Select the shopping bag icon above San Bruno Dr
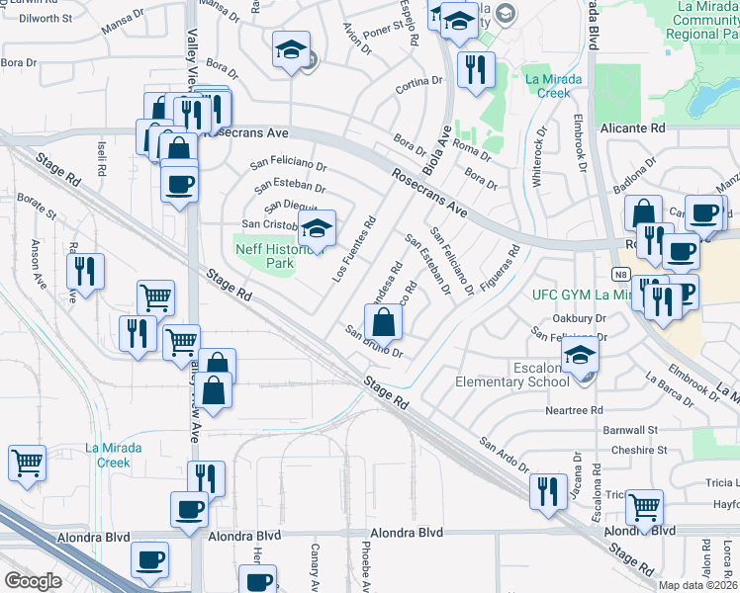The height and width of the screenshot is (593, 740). pyautogui.click(x=383, y=323)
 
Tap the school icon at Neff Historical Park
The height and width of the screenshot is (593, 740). pyautogui.click(x=316, y=229)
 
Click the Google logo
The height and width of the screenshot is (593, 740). pyautogui.click(x=33, y=580)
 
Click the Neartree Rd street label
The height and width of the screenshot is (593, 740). pyautogui.click(x=574, y=410)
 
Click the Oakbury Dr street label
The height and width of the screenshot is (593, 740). pyautogui.click(x=580, y=318)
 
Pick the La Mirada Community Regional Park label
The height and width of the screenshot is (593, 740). pyautogui.click(x=707, y=20)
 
